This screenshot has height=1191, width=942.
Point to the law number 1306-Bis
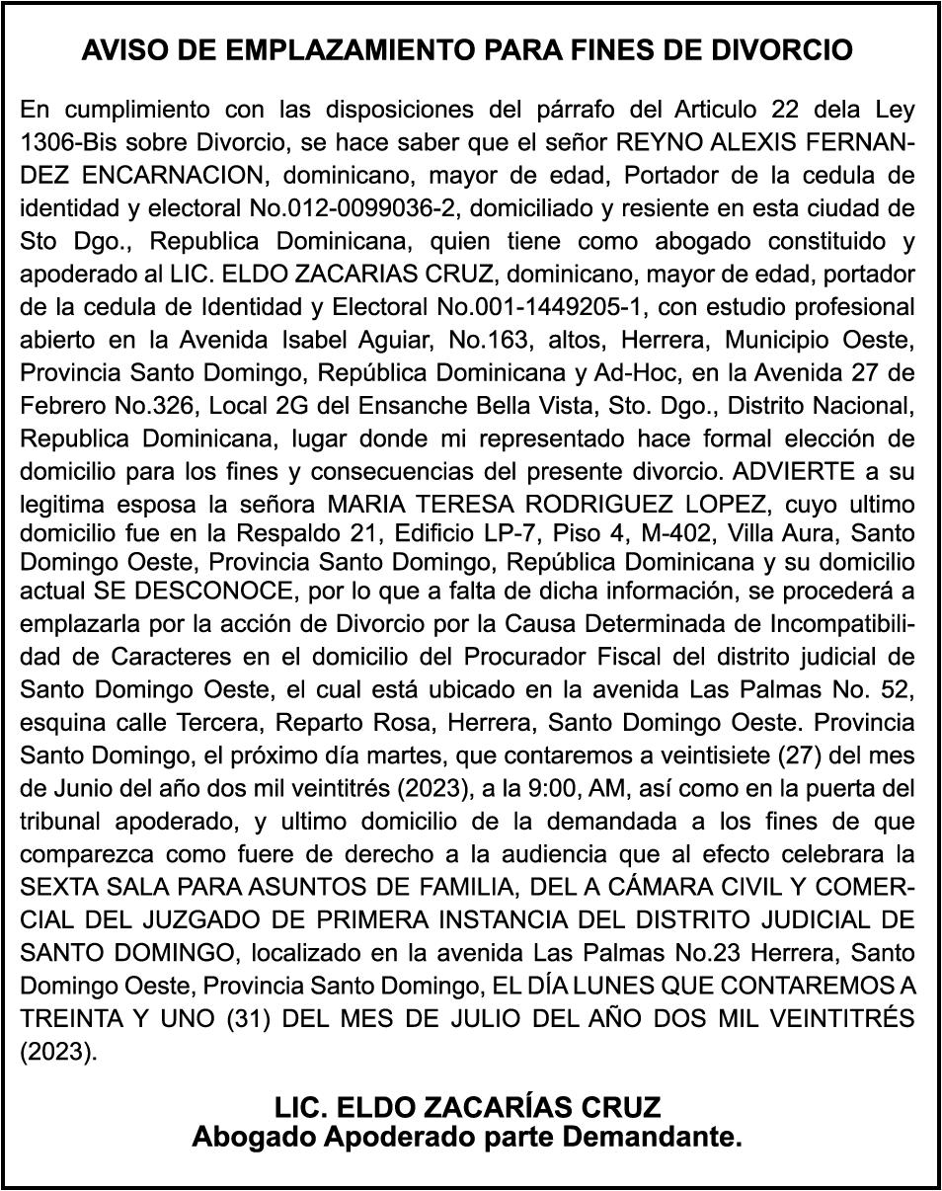[65, 141]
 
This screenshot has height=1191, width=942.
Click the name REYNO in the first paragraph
[652, 141]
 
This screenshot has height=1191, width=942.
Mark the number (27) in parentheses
[770, 755]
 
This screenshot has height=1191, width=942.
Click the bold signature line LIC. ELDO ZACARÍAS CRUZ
[468, 1104]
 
